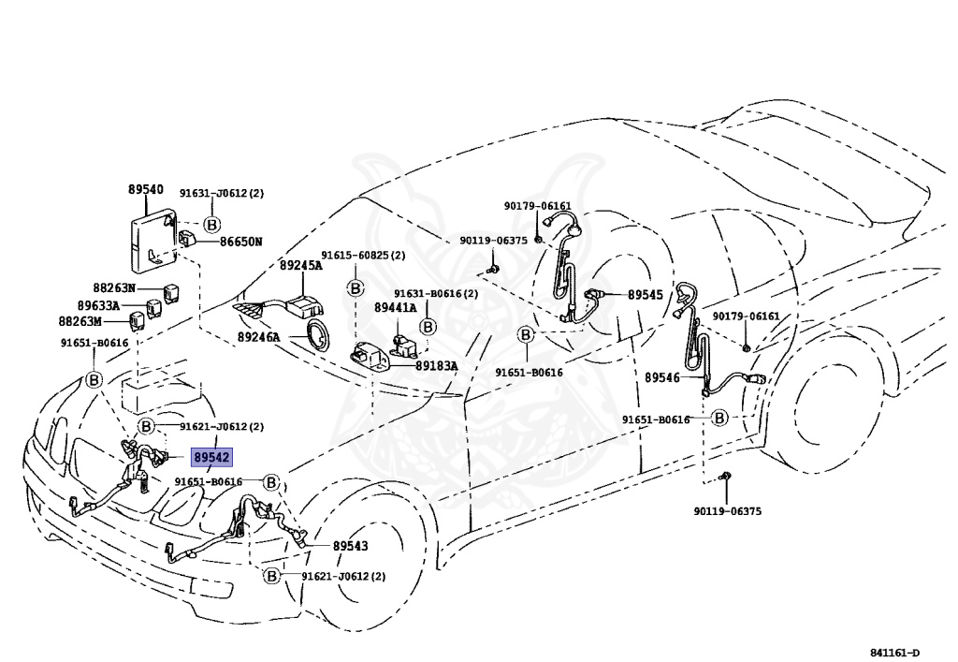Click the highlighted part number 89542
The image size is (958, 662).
point(211,458)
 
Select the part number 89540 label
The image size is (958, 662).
point(146,189)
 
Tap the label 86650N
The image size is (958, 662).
point(240,242)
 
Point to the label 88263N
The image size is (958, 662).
point(114,287)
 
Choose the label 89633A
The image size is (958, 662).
point(98,305)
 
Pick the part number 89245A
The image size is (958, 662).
point(300,265)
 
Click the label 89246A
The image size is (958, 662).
point(258,336)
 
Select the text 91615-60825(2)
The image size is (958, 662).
point(363,255)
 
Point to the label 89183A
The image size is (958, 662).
point(437,366)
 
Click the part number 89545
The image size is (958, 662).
point(645,294)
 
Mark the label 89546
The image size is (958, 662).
point(663,377)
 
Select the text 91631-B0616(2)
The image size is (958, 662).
point(435,293)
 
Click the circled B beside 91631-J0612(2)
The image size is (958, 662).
point(211,225)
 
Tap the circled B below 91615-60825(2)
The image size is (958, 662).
point(356,287)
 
